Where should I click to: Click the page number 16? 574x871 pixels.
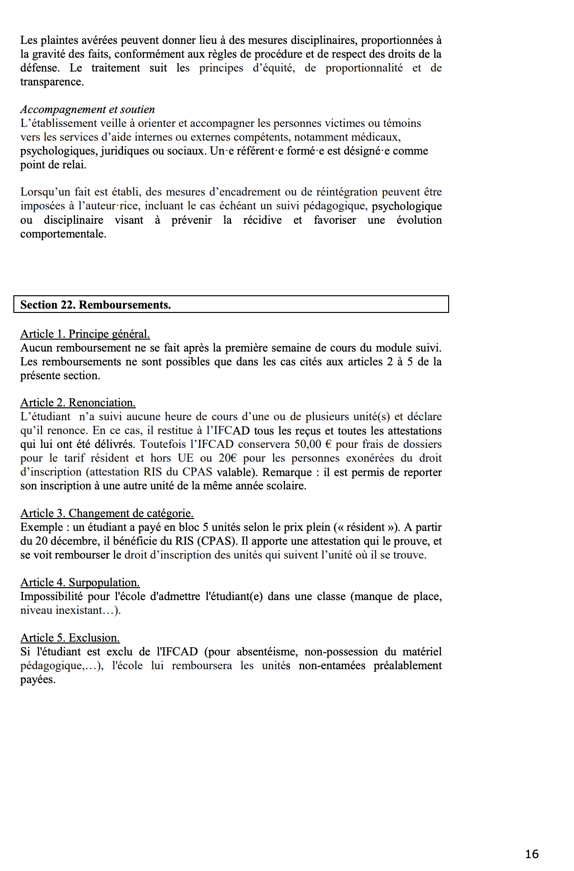point(532,854)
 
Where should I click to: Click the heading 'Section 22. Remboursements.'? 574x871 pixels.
point(95,305)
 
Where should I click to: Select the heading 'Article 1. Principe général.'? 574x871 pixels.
point(85,334)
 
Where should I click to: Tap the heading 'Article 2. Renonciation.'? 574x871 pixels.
point(78,403)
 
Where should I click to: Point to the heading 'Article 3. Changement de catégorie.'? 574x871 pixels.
point(107,513)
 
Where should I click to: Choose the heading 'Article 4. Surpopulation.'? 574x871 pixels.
point(80,582)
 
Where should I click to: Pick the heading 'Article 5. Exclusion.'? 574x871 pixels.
point(70,638)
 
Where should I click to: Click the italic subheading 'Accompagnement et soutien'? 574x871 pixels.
point(87,110)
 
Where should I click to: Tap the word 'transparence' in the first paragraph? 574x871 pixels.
point(51,82)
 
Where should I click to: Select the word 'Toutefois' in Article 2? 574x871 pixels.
point(162,444)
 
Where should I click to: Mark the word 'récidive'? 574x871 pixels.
point(262,220)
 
